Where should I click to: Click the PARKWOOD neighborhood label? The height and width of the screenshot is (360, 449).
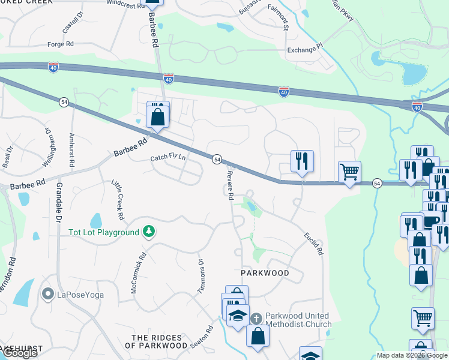(x=265, y=273)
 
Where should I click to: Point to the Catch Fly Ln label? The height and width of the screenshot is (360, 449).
(x=167, y=158)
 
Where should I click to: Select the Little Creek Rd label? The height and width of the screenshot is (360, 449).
(x=117, y=199)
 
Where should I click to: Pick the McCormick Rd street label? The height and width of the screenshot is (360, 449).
(x=138, y=275)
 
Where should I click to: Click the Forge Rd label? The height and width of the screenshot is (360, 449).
(x=61, y=44)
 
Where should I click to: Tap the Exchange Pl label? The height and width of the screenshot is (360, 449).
(x=305, y=50)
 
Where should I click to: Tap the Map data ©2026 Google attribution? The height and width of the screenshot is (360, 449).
(x=411, y=355)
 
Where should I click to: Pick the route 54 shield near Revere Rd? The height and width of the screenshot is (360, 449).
(x=217, y=159)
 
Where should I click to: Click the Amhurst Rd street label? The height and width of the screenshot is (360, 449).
(x=72, y=150)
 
